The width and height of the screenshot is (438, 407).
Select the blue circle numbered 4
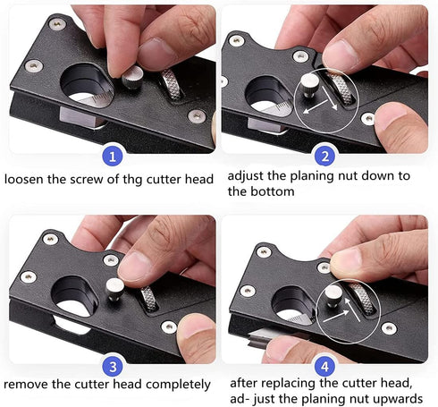click(x=325, y=364)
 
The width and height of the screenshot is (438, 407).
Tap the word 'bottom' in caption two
click(x=274, y=191)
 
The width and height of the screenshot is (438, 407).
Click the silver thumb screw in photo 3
click(x=115, y=288)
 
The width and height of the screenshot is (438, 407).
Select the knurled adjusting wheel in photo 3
click(x=147, y=298)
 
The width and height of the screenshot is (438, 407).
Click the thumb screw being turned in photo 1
click(x=134, y=79)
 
